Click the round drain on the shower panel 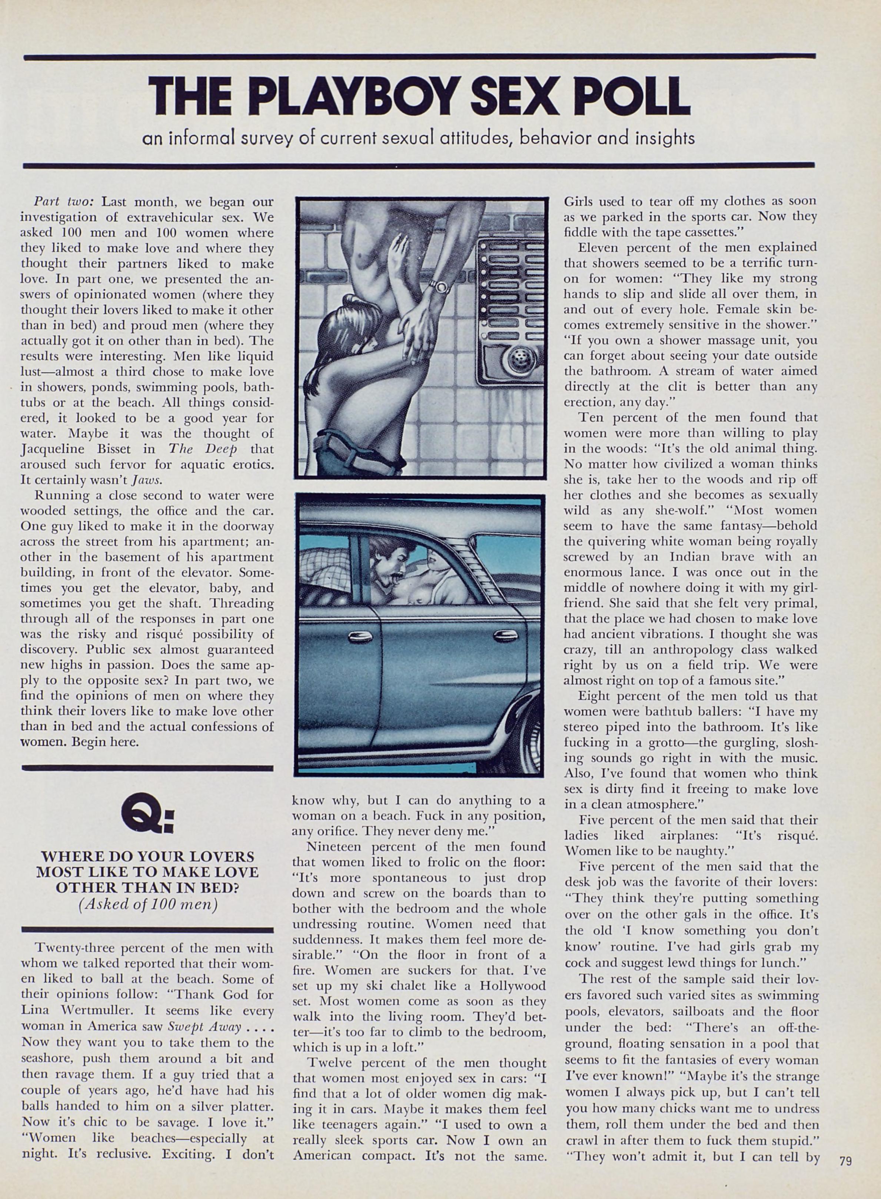pos(516,358)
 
